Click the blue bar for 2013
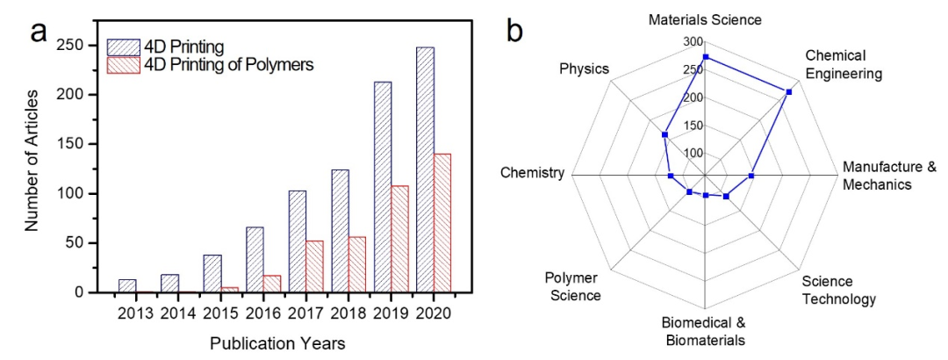pos(127,285)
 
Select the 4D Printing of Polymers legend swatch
pos(121,64)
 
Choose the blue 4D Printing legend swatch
pos(121,45)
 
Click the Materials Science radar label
pos(705,19)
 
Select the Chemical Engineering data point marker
pos(789,91)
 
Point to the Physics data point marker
pos(664,135)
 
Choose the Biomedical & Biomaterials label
pos(704,332)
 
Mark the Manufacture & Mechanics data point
pos(751,176)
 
